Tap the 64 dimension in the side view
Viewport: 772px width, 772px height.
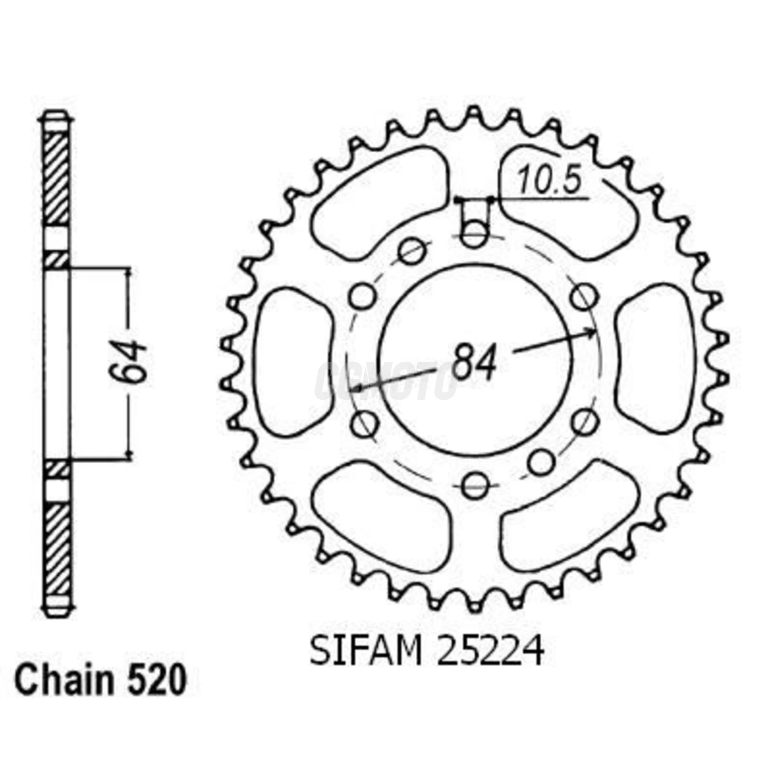tap(129, 362)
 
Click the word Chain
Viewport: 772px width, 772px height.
tap(63, 680)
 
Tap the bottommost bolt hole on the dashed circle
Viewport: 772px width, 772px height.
tap(475, 485)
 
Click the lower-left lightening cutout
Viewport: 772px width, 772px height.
tap(380, 521)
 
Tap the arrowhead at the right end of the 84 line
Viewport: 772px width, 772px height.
tap(592, 333)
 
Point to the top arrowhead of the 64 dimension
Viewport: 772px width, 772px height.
tap(130, 272)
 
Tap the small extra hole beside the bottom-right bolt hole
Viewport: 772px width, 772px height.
tap(541, 462)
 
